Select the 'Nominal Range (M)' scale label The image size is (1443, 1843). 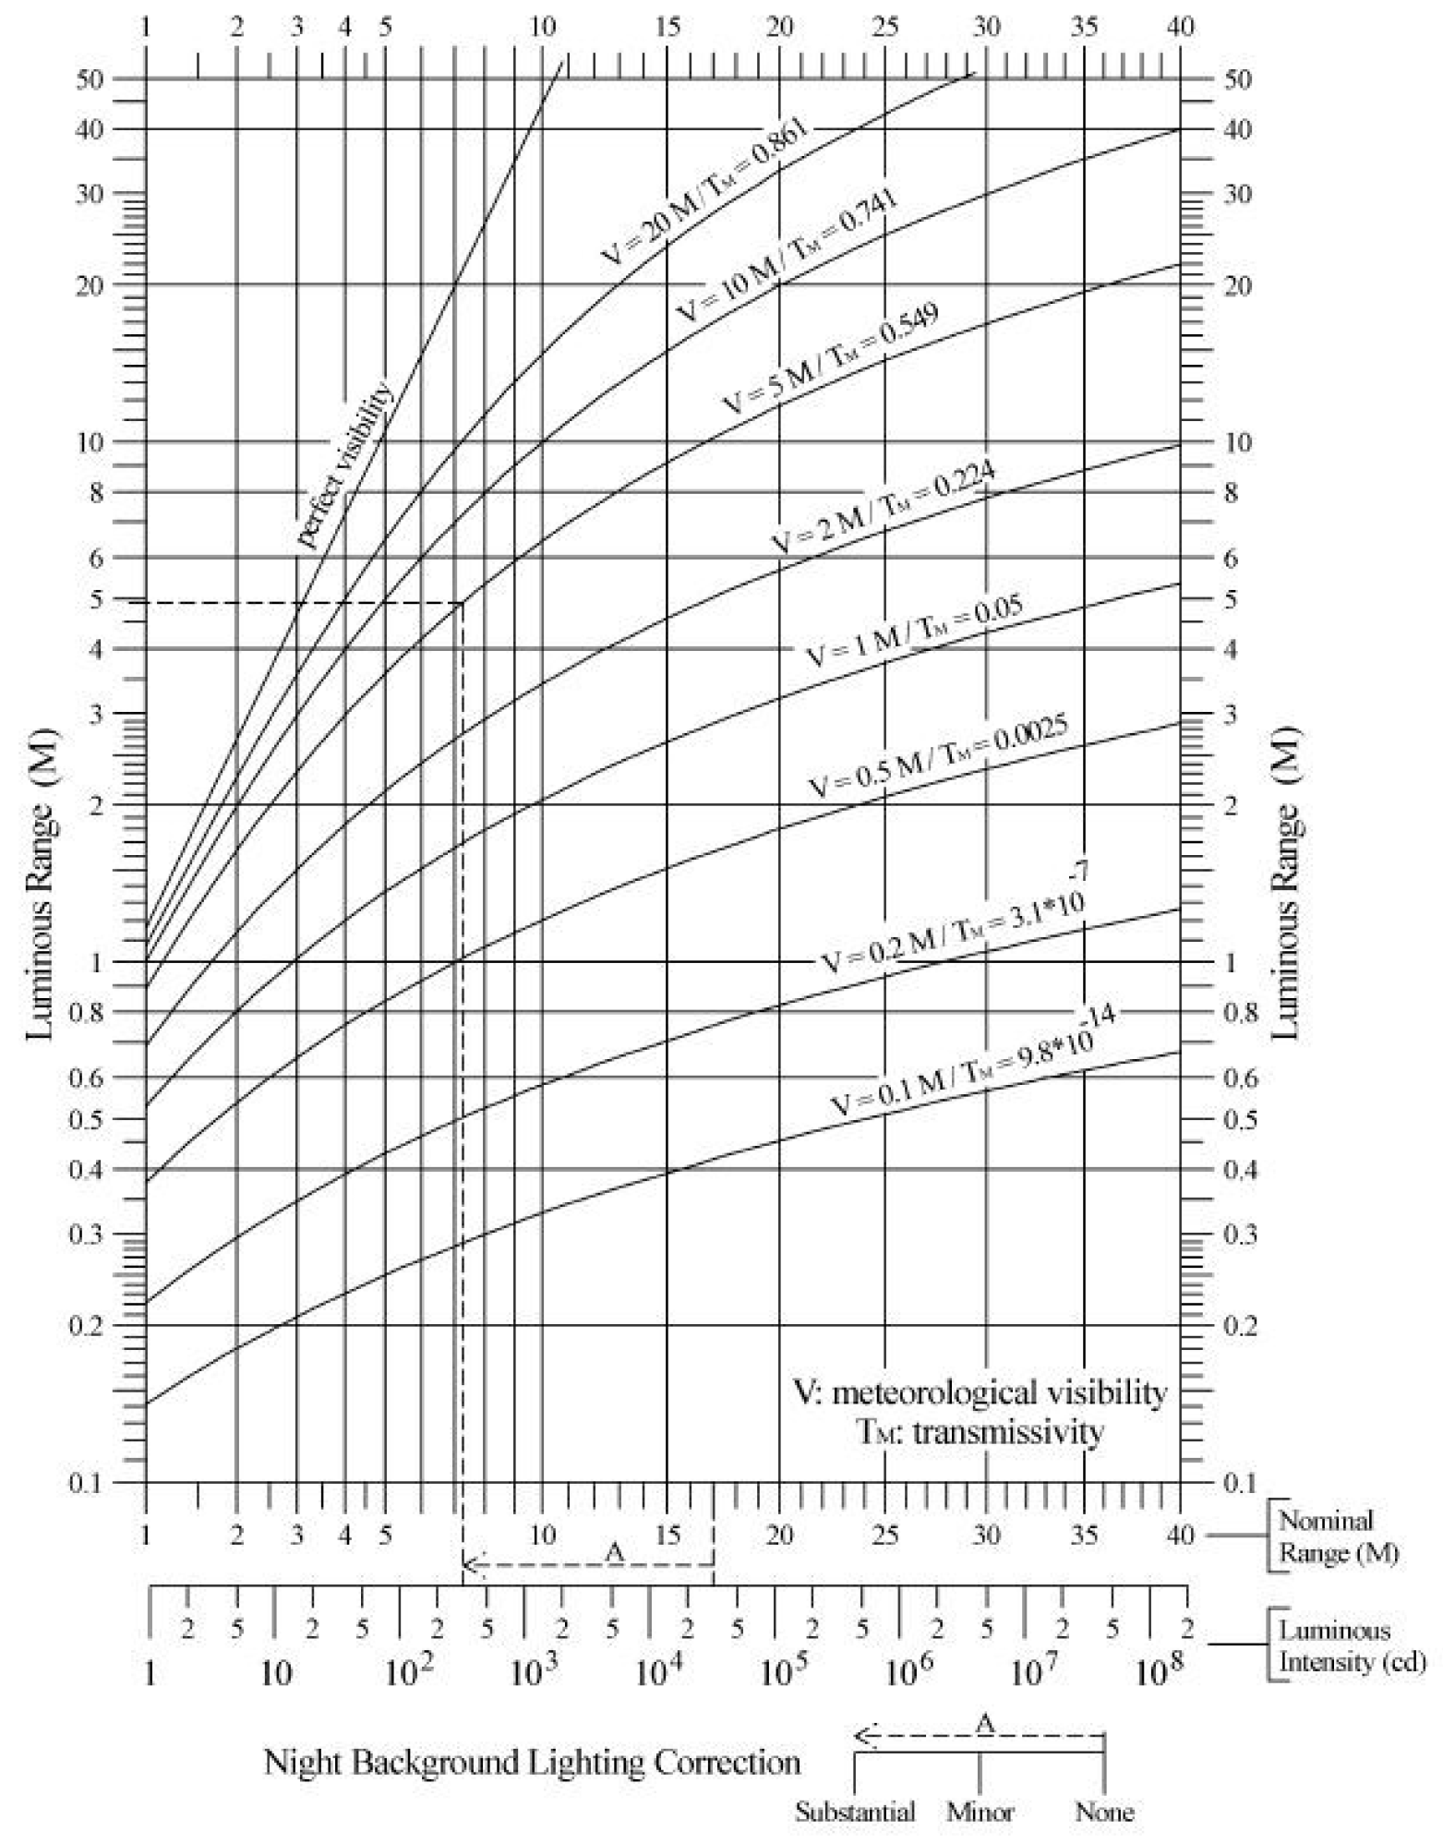coord(1338,1536)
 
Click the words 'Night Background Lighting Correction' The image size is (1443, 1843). coord(532,1762)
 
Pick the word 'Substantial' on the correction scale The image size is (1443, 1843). coord(855,1812)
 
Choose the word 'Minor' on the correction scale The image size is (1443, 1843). coord(980,1812)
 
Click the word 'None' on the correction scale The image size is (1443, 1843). coord(1104,1812)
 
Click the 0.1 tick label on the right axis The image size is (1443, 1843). coord(1239,1483)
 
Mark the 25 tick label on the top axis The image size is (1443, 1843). coord(885,27)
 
